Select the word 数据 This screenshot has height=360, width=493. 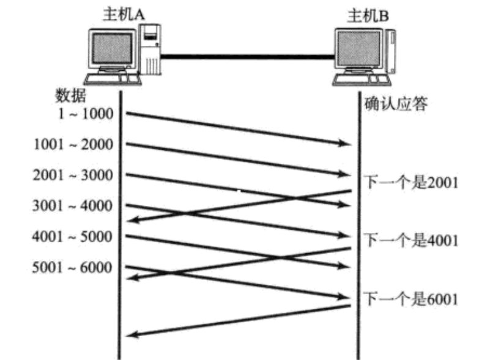coord(70,95)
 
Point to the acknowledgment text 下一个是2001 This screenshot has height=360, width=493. coord(411,182)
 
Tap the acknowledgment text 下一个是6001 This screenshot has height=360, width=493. coord(411,299)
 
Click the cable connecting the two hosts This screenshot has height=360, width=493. coord(248,57)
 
